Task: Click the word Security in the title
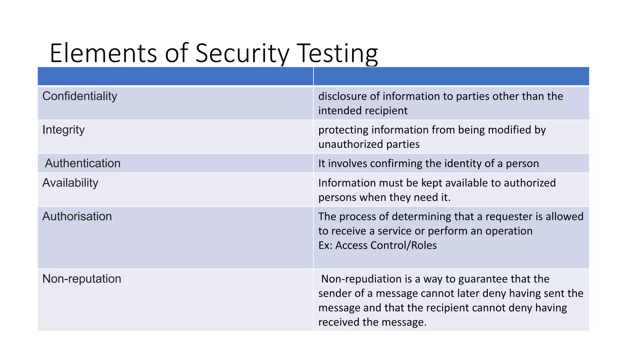(242, 53)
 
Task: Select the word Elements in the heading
(103, 53)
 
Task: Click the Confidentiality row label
(80, 96)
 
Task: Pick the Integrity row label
(63, 130)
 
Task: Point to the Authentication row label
(82, 163)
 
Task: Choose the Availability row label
(70, 183)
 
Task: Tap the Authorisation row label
(77, 217)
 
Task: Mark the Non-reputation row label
(82, 279)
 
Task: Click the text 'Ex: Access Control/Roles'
(377, 245)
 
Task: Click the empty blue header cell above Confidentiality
(175, 76)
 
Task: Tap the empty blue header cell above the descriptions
(451, 76)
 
